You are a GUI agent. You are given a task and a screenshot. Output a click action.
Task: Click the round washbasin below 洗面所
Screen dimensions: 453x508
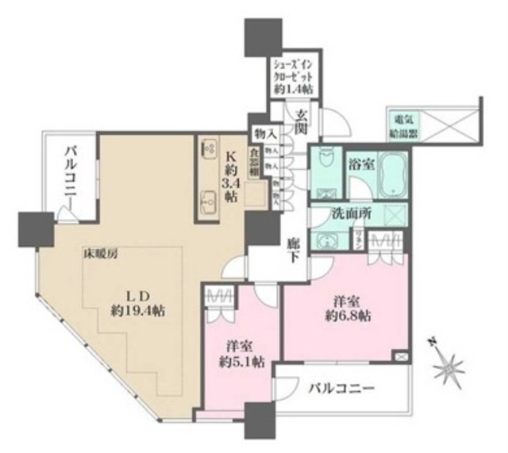click(326, 240)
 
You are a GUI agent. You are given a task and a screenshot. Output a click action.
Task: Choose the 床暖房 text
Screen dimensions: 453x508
click(100, 255)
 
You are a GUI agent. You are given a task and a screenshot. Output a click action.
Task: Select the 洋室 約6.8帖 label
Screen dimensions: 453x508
click(348, 307)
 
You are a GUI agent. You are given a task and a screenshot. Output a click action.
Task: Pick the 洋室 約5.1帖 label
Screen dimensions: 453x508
click(237, 355)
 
